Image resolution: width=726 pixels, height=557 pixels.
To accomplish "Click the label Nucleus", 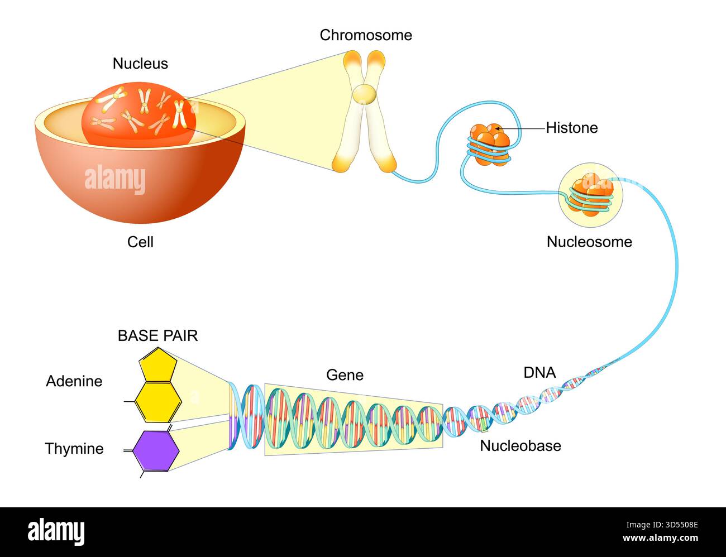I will pyautogui.click(x=140, y=64).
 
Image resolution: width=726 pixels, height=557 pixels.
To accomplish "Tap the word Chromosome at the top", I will pyautogui.click(x=366, y=35).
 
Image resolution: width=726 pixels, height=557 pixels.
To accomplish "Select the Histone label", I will pyautogui.click(x=571, y=128).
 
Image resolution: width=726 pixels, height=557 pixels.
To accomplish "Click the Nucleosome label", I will pyautogui.click(x=589, y=242).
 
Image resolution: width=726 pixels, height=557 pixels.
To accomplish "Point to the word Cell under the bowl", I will pyautogui.click(x=140, y=242).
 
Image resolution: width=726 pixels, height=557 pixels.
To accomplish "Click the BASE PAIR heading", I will pyautogui.click(x=157, y=335).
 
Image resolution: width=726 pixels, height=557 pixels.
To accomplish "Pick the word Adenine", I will pyautogui.click(x=74, y=381).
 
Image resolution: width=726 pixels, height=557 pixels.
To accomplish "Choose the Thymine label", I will pyautogui.click(x=74, y=449).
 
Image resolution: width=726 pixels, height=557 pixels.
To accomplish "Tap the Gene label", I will pyautogui.click(x=345, y=375).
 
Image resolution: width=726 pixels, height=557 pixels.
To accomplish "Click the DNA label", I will pyautogui.click(x=539, y=372).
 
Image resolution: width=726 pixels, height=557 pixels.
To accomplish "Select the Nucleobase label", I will pyautogui.click(x=520, y=446).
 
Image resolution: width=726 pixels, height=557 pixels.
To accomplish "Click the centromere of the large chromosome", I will pyautogui.click(x=364, y=94).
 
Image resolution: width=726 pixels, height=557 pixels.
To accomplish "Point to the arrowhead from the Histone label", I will pyautogui.click(x=496, y=128).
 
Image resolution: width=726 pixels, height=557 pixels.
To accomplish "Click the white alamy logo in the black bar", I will pyautogui.click(x=56, y=532).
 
